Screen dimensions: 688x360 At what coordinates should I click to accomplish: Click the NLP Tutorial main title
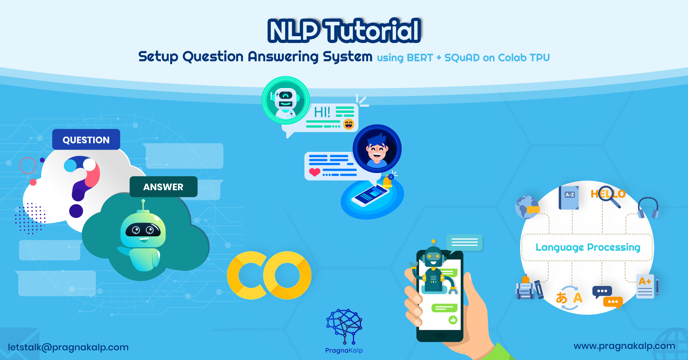pos(344,31)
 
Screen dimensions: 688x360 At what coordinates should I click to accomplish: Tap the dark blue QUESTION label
pos(86,139)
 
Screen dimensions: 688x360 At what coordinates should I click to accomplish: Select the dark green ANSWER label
pos(163,187)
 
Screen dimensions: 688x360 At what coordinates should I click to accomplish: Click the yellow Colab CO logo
pos(269,275)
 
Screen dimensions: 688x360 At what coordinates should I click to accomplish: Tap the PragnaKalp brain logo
pos(344,326)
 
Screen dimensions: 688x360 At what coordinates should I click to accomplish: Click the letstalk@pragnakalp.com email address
pos(68,347)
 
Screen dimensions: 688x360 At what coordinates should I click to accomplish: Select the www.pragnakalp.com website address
pos(624,346)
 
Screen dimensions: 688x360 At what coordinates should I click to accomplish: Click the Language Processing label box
pos(588,247)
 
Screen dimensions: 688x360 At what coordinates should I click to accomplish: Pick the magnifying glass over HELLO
pos(609,196)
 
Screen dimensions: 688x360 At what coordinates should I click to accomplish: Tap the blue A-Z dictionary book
pos(569,197)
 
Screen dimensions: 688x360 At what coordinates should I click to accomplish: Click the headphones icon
pos(648,208)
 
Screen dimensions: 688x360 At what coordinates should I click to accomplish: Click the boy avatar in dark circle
pos(377,149)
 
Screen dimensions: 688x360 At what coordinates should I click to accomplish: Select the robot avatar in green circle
pos(286,100)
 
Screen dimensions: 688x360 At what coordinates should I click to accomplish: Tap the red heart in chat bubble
pos(315,172)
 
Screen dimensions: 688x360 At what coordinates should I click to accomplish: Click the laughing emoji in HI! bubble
pos(349,124)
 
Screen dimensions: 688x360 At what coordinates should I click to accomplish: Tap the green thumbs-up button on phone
pos(453,320)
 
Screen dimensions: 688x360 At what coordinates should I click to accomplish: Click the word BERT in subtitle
pos(420,58)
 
